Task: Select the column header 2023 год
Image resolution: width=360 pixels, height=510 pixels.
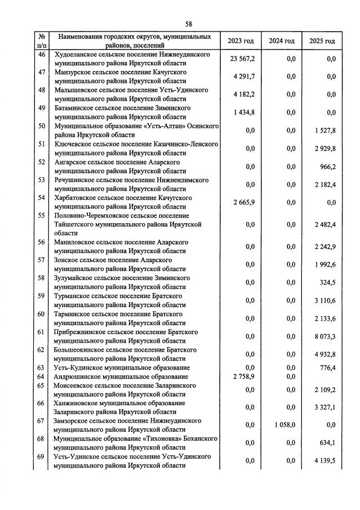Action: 241,41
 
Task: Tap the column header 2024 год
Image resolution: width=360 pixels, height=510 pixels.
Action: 282,41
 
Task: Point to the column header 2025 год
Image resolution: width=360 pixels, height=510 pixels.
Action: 322,41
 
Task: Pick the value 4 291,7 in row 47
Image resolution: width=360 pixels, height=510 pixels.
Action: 243,77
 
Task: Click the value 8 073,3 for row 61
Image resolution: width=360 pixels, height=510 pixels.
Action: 323,336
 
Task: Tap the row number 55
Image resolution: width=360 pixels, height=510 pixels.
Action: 41,215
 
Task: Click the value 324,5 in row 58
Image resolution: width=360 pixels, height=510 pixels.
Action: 327,283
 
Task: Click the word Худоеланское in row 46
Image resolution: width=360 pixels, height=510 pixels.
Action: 76,55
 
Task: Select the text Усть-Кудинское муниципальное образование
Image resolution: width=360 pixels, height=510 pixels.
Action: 121,367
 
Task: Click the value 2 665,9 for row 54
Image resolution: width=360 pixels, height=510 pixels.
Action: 243,202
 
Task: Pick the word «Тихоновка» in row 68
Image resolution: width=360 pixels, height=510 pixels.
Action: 165,438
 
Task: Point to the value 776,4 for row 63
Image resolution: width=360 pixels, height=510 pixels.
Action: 327,367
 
